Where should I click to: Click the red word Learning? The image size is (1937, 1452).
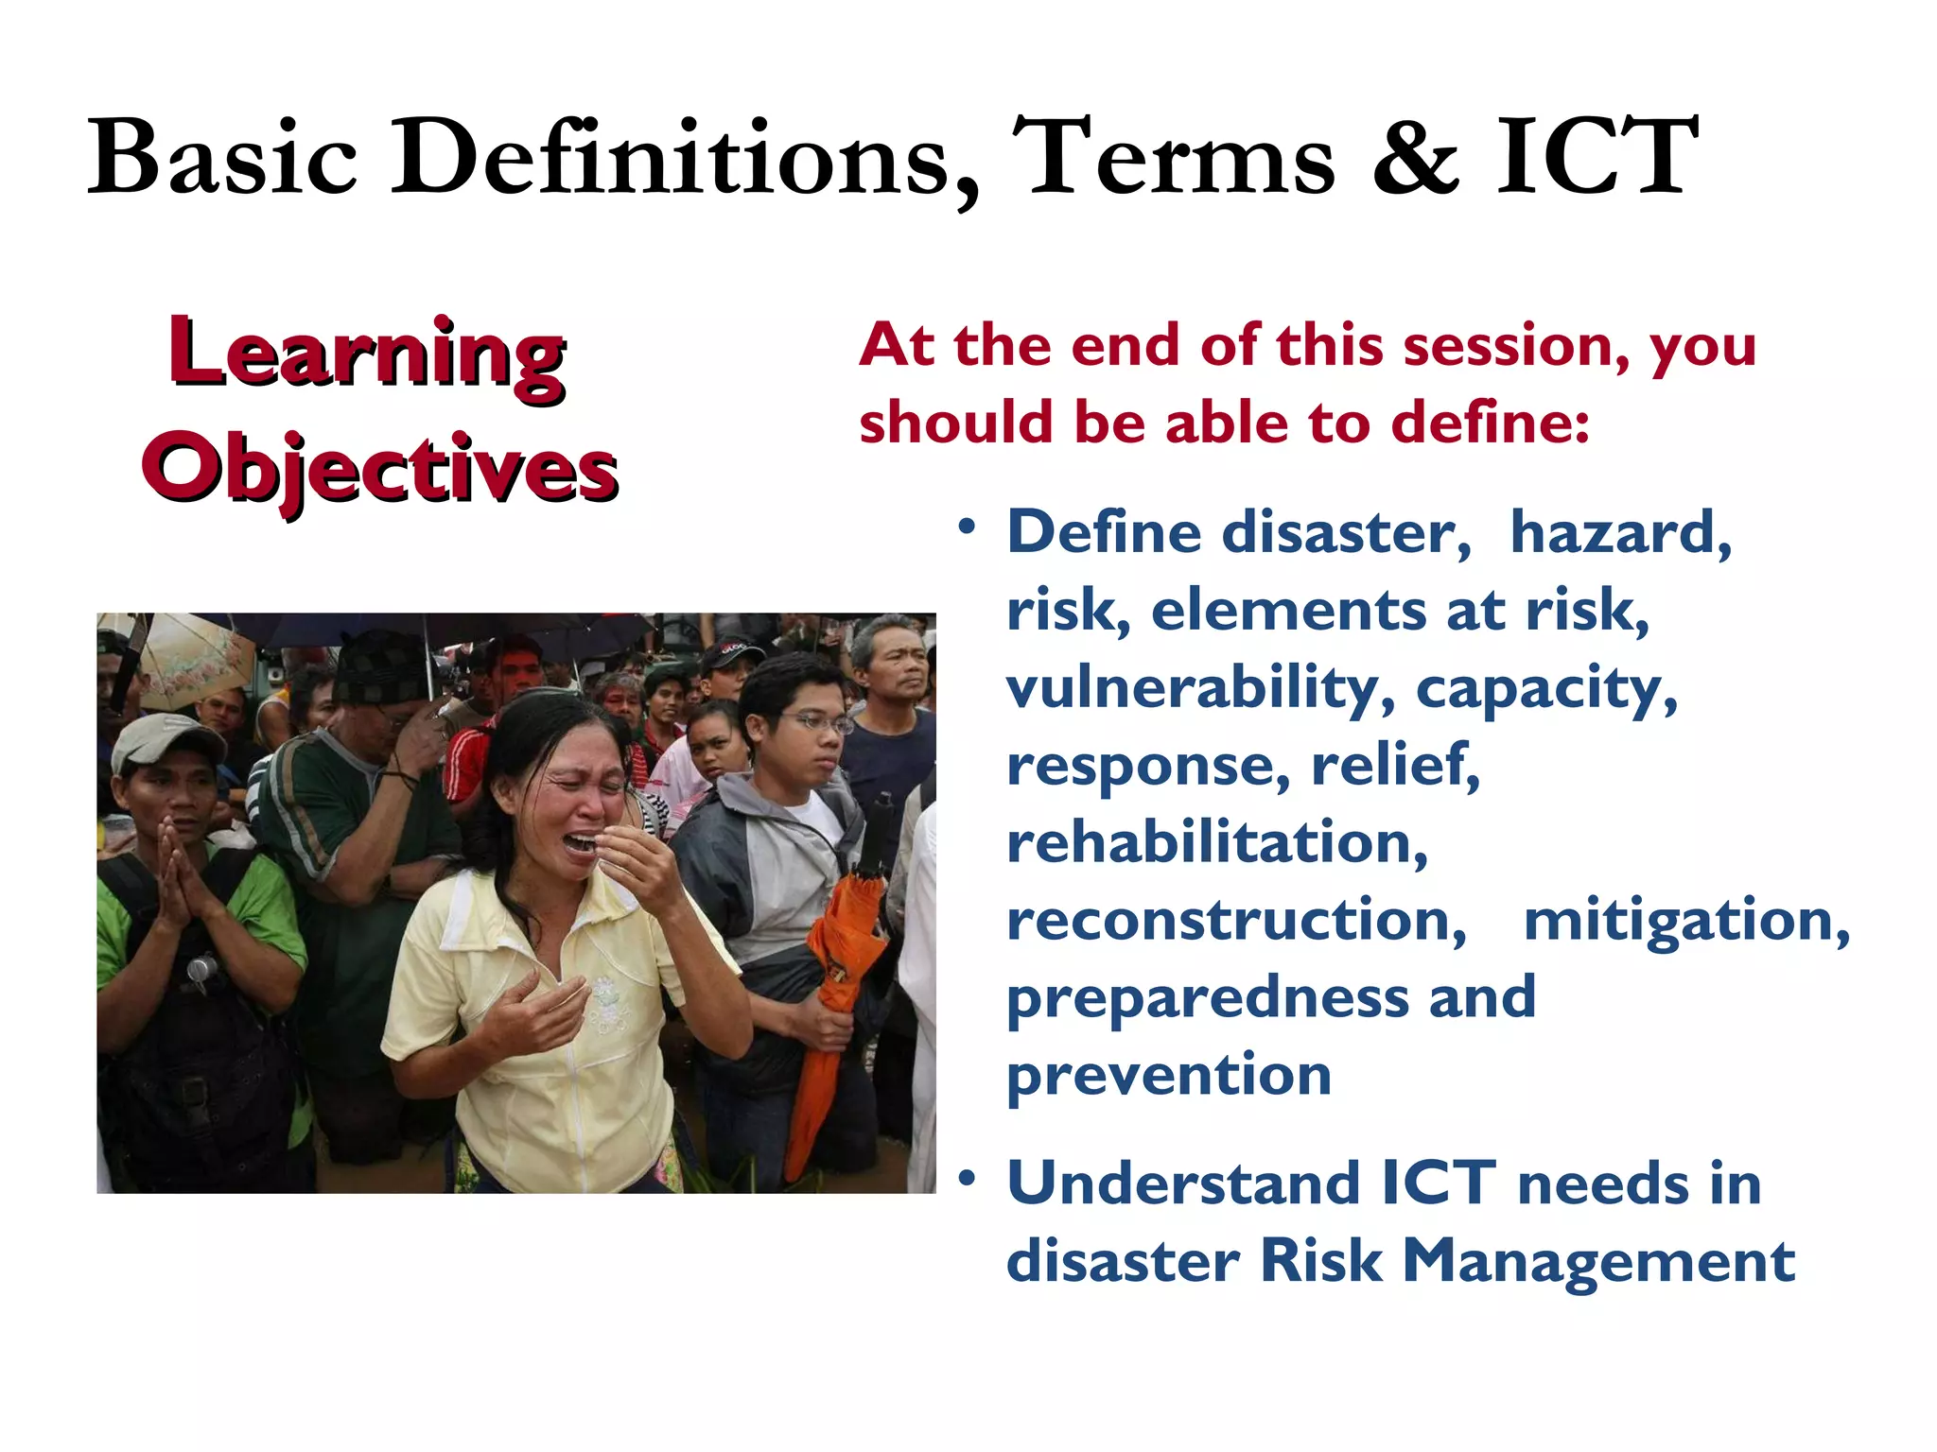pos(368,354)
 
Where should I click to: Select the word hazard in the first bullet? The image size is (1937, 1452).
pos(1620,532)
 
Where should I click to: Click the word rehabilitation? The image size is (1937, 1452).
pos(1216,842)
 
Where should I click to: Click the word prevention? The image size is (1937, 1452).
pos(1169,1075)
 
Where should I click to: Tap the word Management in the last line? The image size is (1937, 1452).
pos(1598,1261)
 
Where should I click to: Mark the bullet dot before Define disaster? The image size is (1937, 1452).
pos(966,527)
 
